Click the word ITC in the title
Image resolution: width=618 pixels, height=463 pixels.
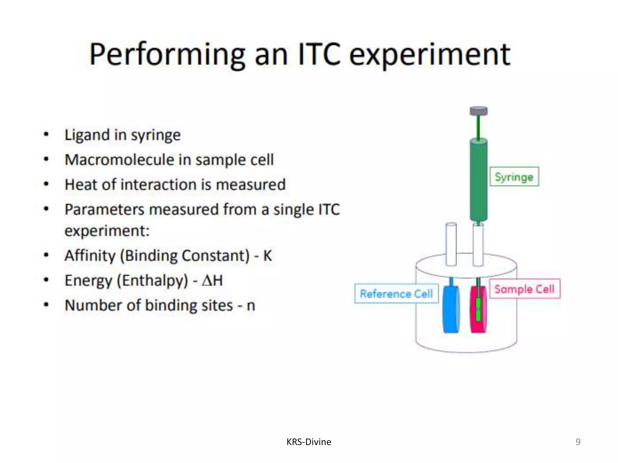coord(319,54)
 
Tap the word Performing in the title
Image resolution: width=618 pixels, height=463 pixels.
coord(167,55)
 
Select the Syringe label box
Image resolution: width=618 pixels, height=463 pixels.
coord(514,177)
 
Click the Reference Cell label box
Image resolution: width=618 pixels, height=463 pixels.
coord(396,293)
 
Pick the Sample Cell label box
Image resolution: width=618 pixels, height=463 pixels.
coord(524,289)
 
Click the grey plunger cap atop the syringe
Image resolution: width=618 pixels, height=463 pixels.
coord(479,111)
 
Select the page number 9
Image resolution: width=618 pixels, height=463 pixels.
coord(578,442)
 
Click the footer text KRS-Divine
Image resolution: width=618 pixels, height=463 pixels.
coord(309,442)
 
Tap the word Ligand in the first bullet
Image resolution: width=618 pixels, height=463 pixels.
coord(87,135)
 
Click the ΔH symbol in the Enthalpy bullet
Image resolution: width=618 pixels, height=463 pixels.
coord(212,281)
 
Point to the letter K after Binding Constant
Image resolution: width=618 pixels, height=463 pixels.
coord(267,256)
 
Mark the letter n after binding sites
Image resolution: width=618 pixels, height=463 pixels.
coord(251,306)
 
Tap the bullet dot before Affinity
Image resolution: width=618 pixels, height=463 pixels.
coord(46,255)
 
